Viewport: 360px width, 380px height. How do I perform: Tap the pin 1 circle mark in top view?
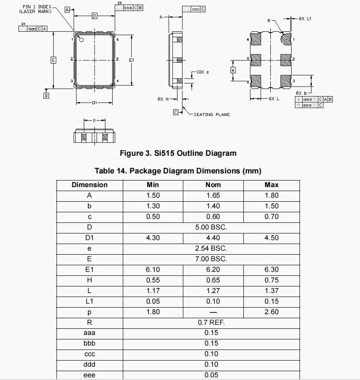(81, 40)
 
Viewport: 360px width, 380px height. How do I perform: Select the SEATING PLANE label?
(212, 114)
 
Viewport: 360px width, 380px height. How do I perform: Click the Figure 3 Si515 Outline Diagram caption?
(178, 153)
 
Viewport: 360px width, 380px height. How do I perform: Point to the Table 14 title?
(178, 171)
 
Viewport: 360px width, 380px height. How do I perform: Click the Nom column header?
(213, 184)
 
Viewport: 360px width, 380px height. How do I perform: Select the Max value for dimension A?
(271, 196)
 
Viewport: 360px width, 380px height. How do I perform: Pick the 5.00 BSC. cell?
(211, 227)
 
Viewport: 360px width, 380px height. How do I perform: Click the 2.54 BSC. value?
(211, 248)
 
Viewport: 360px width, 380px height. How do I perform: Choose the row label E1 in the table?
(89, 270)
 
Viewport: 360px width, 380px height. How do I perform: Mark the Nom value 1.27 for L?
(213, 291)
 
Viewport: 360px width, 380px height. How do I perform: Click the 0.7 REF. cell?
(211, 323)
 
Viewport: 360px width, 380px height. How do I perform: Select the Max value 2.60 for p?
(271, 312)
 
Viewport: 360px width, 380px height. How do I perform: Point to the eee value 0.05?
(211, 375)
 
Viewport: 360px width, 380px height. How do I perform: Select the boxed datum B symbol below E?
(46, 95)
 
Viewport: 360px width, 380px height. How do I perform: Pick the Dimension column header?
(89, 184)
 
